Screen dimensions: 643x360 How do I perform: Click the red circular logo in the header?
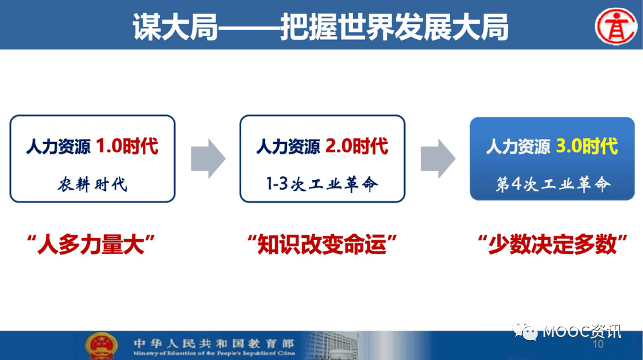[616, 26]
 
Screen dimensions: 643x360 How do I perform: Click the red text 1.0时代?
[127, 146]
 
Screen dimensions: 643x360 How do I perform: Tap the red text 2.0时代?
[357, 146]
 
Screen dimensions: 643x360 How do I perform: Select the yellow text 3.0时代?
[587, 146]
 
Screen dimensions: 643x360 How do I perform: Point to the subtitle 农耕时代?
[92, 184]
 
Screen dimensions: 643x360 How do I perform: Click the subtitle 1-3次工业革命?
[322, 184]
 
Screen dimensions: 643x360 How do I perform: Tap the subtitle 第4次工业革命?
[553, 184]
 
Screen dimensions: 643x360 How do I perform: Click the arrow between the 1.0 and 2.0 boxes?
[208, 158]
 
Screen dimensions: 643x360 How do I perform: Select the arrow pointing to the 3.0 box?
[438, 158]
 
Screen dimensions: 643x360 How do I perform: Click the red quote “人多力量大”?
[91, 244]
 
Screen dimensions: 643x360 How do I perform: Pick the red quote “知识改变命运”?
[322, 244]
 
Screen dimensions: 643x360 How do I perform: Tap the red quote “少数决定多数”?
[553, 244]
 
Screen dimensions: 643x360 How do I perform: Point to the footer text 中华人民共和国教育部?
[213, 343]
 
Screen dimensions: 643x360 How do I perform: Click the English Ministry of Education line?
[213, 353]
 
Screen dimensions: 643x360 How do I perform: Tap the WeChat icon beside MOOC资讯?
[525, 331]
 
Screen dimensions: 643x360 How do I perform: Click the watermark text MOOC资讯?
[582, 331]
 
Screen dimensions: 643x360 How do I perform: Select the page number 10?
[598, 344]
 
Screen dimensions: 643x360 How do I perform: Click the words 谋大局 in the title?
[175, 27]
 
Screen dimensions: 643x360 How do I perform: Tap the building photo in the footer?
[332, 346]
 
